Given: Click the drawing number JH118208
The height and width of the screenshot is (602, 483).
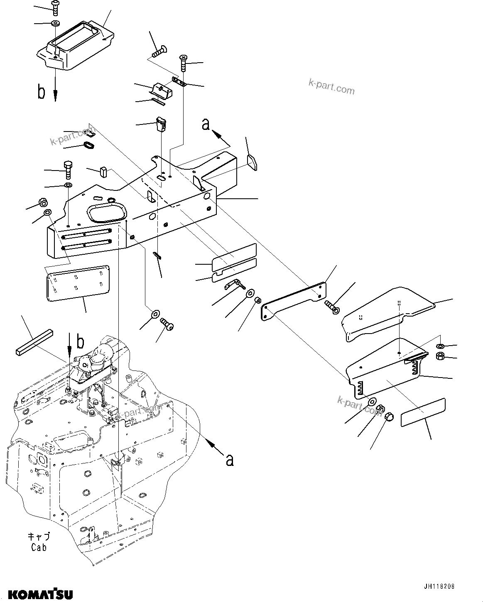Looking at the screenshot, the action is click(439, 587).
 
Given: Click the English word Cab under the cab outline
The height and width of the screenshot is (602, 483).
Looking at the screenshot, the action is click(39, 547).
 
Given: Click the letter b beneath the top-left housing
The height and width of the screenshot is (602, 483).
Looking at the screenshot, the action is click(41, 92).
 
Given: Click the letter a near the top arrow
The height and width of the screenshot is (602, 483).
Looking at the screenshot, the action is click(206, 124).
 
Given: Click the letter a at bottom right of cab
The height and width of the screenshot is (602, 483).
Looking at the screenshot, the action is click(229, 459).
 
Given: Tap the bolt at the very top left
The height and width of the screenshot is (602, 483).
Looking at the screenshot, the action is click(55, 5).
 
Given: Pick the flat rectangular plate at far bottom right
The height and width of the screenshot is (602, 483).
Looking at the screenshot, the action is click(423, 413).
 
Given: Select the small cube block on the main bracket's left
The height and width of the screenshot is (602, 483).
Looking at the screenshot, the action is click(103, 171).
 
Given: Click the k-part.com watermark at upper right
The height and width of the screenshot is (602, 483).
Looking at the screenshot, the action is click(331, 87).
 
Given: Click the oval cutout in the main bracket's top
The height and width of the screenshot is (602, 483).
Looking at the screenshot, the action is click(106, 212).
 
